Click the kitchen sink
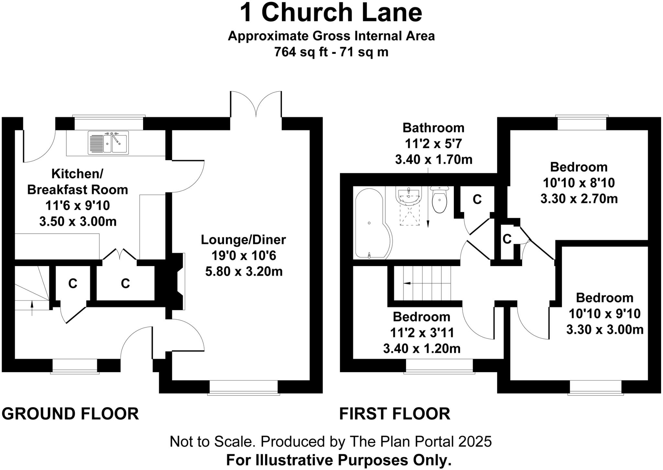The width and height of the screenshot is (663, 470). [108, 143]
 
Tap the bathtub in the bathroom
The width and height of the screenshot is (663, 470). [372, 224]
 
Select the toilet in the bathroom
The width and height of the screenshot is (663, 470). [439, 199]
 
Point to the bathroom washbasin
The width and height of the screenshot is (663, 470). [409, 196]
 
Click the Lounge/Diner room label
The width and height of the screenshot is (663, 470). [243, 240]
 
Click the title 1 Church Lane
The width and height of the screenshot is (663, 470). [331, 13]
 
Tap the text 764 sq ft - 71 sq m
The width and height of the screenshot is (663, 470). [331, 52]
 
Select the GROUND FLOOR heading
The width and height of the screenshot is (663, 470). [70, 414]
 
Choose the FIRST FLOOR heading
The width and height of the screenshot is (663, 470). [395, 414]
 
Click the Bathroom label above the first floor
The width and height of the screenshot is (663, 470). [433, 128]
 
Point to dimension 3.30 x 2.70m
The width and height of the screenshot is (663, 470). [579, 199]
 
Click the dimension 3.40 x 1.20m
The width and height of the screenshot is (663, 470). [422, 349]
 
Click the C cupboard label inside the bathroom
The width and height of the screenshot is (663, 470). [477, 200]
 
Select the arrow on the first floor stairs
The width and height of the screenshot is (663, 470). [407, 283]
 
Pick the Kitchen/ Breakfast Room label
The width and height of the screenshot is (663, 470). [77, 182]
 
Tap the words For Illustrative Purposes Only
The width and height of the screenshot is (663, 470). [339, 460]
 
